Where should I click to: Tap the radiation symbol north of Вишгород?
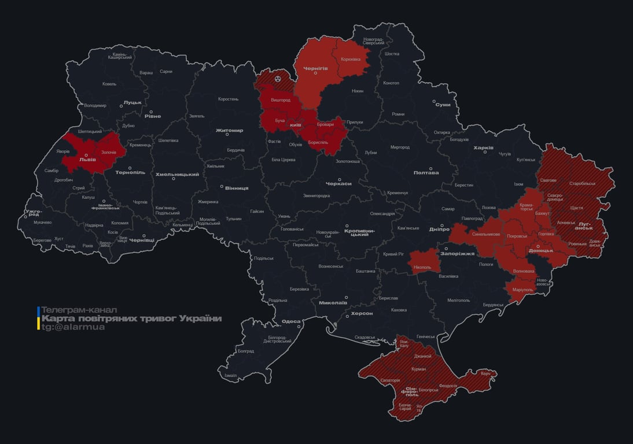click(278, 77)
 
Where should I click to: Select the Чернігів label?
click(316, 68)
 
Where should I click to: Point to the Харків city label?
click(483, 148)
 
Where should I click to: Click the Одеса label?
click(291, 321)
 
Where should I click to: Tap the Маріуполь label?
click(523, 290)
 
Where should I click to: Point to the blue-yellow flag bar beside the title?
click(38, 319)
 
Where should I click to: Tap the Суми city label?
click(443, 105)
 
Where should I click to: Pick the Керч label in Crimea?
click(485, 373)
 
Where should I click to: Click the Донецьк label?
click(540, 250)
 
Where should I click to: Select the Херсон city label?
click(362, 313)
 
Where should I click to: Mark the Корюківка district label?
click(351, 59)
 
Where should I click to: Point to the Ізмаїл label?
click(230, 375)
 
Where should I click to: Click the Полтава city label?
click(426, 172)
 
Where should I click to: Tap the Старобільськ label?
click(582, 183)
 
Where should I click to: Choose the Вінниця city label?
click(237, 188)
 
